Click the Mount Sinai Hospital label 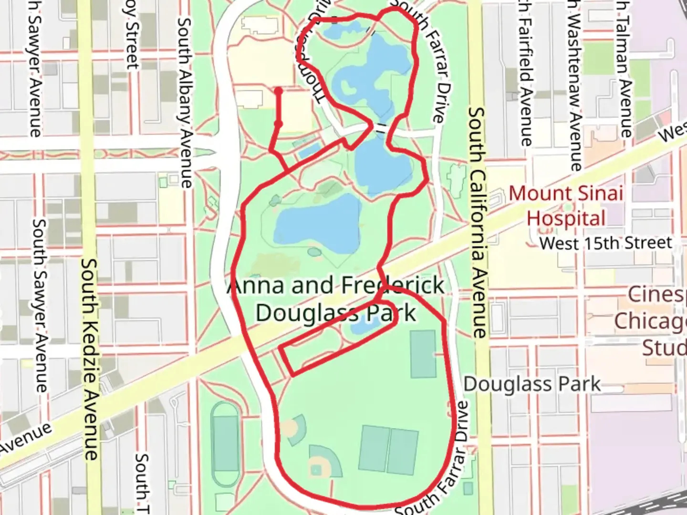566,206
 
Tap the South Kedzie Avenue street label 90,360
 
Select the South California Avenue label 477,222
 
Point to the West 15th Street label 606,243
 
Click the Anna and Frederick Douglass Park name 336,299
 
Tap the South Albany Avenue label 185,103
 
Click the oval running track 225,443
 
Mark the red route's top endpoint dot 278,91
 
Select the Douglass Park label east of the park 532,384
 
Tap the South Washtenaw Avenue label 575,86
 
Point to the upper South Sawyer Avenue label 34,69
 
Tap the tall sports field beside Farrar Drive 423,354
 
